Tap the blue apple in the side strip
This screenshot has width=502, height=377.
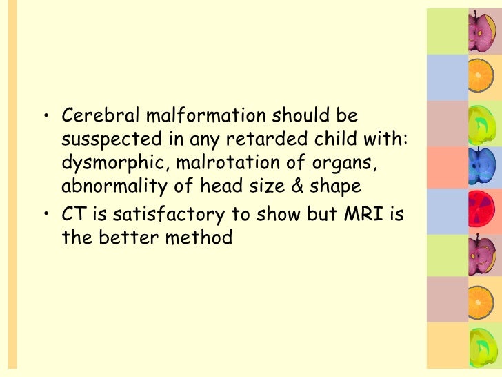click(479, 166)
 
